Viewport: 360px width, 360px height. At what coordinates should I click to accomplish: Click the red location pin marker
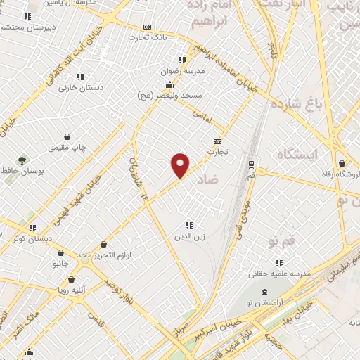tap(181, 165)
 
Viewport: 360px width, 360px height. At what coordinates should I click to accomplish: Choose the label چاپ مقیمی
tap(67, 148)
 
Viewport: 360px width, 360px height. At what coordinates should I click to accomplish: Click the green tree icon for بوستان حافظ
tap(22, 160)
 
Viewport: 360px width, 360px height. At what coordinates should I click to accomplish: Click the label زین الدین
tap(188, 236)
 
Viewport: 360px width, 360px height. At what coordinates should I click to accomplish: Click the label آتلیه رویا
tap(72, 288)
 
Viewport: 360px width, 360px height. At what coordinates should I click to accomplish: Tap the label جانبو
tap(61, 264)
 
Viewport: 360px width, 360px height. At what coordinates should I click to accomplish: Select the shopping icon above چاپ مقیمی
tap(67, 137)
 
